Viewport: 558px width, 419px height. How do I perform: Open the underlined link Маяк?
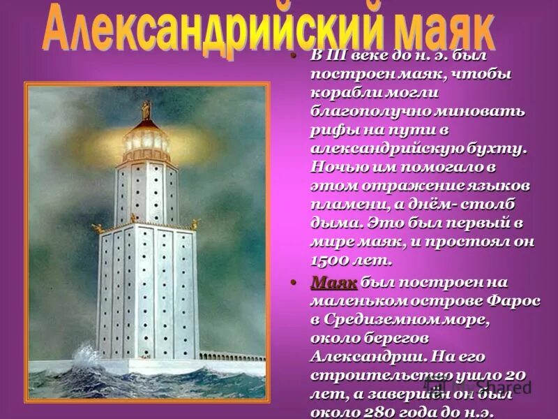coord(334,282)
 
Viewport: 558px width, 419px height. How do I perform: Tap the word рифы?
coord(331,130)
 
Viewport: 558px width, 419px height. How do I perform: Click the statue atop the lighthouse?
coord(146,110)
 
